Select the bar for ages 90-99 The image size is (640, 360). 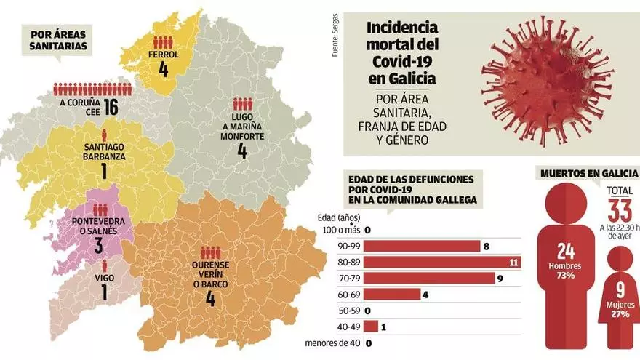(422, 246)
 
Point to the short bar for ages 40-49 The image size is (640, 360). (369, 327)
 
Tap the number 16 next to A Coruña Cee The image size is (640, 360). (111, 108)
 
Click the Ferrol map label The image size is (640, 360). (163, 53)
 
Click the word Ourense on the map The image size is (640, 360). (210, 265)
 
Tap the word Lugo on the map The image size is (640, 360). (242, 116)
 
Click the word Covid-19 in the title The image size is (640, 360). (401, 61)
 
